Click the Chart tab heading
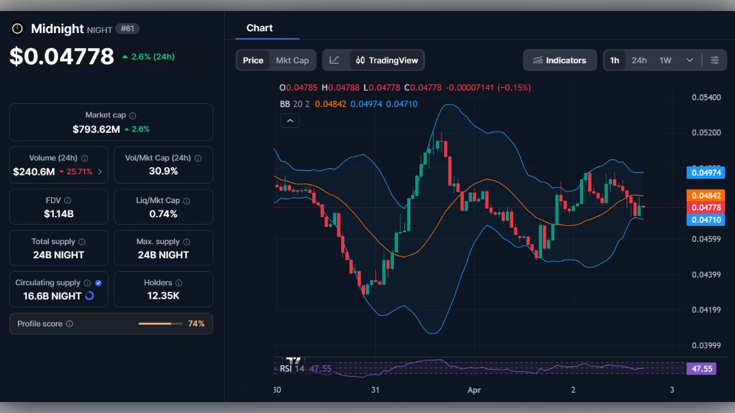[x=260, y=28]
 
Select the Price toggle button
[x=253, y=60]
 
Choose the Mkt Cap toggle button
[x=292, y=60]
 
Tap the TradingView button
[x=387, y=60]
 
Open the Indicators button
[x=559, y=60]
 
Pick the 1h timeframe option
[x=614, y=60]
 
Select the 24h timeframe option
[x=639, y=60]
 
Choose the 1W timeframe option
[x=665, y=60]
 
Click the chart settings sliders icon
[x=715, y=60]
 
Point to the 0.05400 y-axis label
[x=706, y=97]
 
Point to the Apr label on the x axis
[x=474, y=390]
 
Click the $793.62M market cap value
[x=96, y=129]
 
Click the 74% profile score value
[x=196, y=324]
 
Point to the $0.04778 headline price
[x=62, y=56]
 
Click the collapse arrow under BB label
[x=290, y=121]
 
